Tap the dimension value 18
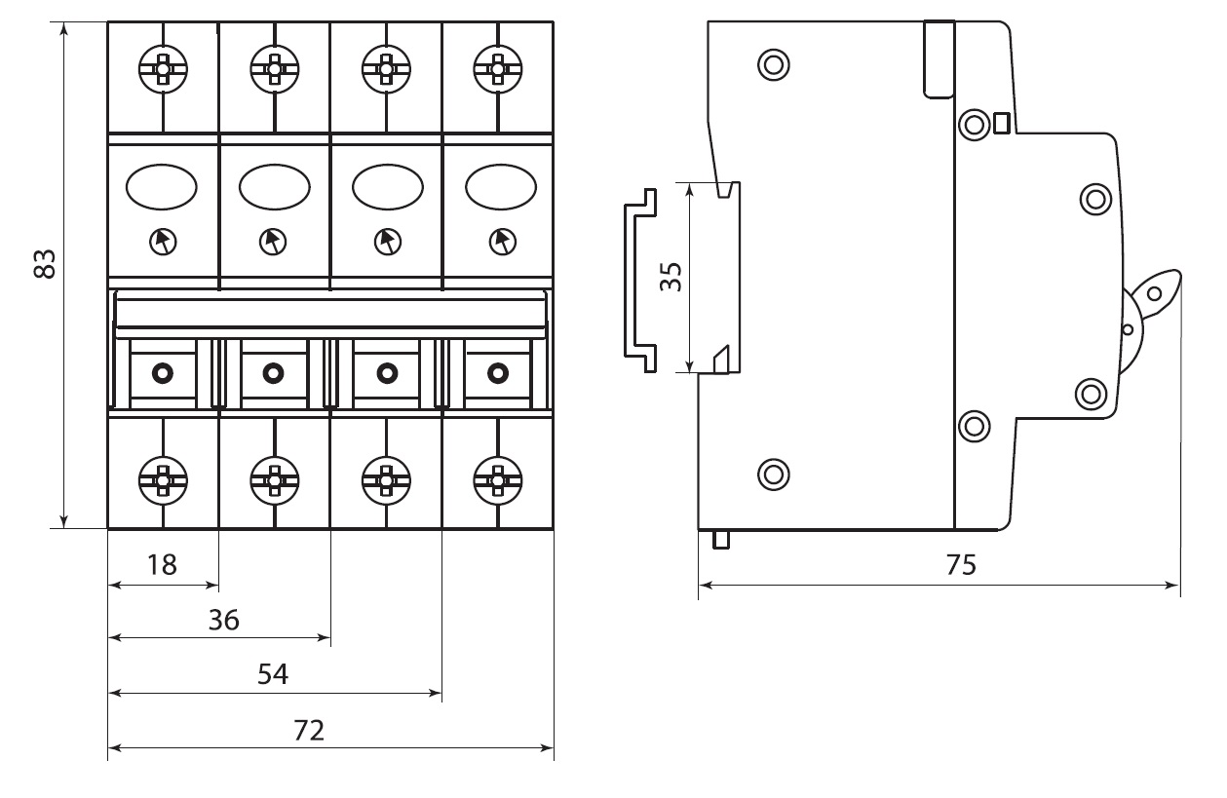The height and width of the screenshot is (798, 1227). point(162,564)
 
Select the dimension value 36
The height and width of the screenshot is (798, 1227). point(223,620)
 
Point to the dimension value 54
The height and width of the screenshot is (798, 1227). point(273,675)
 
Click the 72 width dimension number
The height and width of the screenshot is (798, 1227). point(308,731)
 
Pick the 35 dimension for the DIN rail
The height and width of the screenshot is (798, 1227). point(670,277)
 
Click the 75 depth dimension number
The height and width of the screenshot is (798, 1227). point(960,565)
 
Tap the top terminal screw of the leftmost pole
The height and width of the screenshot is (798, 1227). point(162,69)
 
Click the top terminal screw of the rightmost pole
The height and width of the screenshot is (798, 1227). point(497,69)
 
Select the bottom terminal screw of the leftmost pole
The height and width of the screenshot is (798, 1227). point(162,478)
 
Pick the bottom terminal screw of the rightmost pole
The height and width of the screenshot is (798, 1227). point(497,478)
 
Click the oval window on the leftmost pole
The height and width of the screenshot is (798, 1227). point(162,186)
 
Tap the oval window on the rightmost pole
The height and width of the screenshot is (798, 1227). point(501,186)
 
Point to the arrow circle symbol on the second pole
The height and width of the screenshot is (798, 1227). point(274,240)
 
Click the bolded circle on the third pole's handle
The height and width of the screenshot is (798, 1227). point(386,371)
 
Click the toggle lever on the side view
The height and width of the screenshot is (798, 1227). point(1155,292)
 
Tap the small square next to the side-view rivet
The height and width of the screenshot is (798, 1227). point(1001,123)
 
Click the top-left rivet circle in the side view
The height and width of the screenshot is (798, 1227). point(774,65)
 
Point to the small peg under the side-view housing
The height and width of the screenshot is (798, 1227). point(721,539)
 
